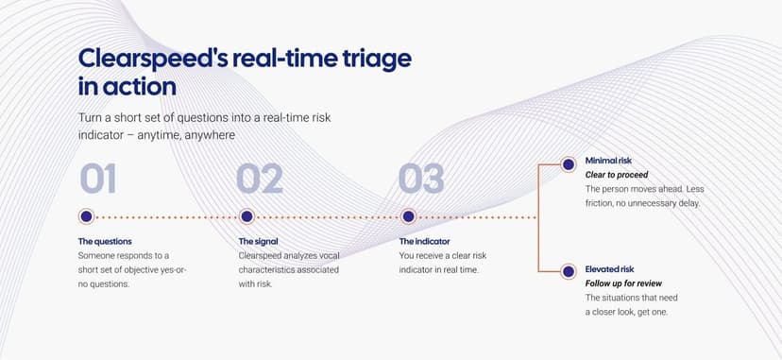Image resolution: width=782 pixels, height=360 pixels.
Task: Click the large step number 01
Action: pos(98,179)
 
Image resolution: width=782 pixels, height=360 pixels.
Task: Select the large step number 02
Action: pos(260,179)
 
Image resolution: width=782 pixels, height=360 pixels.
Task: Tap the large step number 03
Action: pos(421,179)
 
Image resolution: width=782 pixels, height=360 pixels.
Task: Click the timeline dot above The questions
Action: pos(86,216)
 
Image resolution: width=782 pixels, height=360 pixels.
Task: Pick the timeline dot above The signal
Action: pos(246,216)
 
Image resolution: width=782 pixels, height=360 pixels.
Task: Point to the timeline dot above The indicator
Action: pos(408,216)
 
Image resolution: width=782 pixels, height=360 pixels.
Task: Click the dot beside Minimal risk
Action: pos(568,164)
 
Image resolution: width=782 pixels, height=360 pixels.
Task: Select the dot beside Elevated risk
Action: pos(568,272)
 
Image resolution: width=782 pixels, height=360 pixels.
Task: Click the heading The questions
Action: pos(105,241)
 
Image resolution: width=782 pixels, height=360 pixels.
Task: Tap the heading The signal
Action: pos(259,241)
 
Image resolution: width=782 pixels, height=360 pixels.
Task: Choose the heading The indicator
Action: pos(424,241)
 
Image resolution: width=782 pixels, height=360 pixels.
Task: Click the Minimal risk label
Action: pos(608,161)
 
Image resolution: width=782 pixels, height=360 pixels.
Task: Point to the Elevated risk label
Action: pos(609,269)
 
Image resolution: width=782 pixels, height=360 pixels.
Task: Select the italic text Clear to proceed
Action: pos(617,175)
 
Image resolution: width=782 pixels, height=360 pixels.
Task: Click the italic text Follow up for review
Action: pos(623,283)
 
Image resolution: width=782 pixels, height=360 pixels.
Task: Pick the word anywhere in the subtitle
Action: pos(210,136)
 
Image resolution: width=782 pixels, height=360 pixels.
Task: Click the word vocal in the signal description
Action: pos(329,256)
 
